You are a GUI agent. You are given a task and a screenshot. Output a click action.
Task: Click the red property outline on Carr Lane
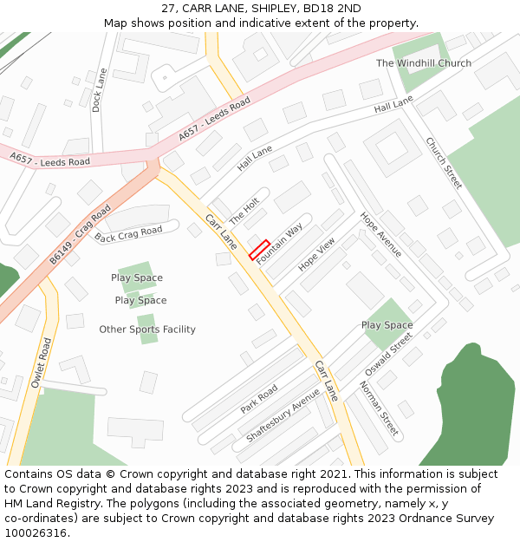[259, 250]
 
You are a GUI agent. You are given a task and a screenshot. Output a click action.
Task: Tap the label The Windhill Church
[424, 63]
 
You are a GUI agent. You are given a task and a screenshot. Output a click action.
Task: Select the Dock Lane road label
[98, 90]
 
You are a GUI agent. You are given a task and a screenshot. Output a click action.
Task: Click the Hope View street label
[316, 255]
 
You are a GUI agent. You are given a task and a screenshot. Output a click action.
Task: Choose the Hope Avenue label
[380, 235]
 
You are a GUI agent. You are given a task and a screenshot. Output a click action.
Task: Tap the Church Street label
[443, 163]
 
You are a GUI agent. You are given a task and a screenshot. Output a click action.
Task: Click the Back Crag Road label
[128, 234]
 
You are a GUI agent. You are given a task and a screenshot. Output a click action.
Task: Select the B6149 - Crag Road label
[80, 234]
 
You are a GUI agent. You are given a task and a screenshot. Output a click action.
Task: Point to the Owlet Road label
[42, 362]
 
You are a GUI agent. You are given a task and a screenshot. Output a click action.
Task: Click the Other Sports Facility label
[147, 330]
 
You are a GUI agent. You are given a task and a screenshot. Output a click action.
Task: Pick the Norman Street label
[378, 408]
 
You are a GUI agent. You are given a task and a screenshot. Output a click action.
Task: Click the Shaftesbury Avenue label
[283, 415]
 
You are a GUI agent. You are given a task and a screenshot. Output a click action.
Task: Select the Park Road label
[259, 399]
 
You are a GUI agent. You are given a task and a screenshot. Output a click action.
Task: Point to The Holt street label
[244, 210]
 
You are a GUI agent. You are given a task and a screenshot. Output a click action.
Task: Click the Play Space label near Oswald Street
[387, 325]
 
